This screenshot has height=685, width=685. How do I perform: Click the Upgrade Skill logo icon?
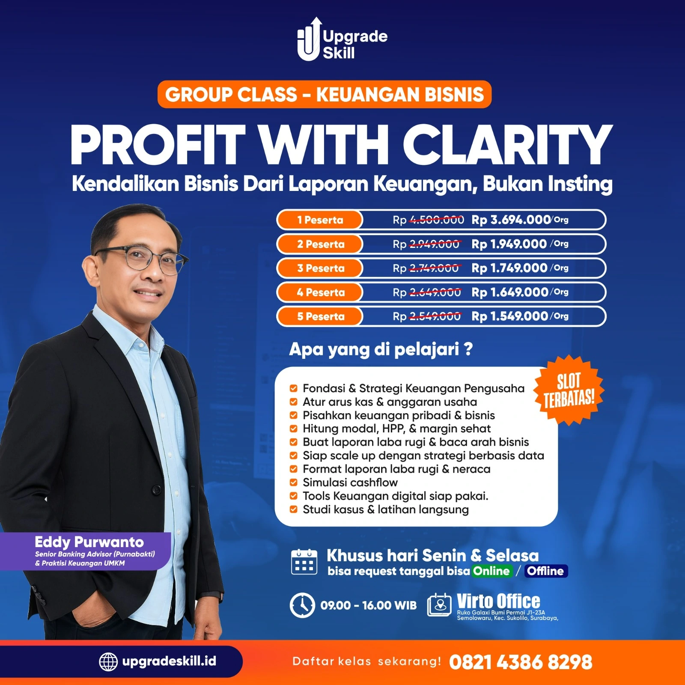coord(309,39)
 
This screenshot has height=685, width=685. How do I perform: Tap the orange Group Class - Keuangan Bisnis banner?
coord(325,94)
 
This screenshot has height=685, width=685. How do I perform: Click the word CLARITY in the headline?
coord(508,145)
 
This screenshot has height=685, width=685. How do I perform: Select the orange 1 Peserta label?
coord(320,220)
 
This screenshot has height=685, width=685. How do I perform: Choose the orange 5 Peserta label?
coord(320,316)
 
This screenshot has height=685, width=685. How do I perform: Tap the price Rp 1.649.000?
coord(509,292)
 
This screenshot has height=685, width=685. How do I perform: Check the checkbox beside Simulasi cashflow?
coord(293,482)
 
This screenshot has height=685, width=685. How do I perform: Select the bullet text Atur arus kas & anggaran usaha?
coord(390,402)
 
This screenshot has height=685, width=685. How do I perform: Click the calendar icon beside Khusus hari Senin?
coord(304,561)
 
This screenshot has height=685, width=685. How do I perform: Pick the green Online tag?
coord(491,571)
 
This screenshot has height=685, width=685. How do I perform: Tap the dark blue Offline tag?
coord(545,571)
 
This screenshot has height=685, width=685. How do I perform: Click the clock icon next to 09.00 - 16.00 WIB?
coord(302,605)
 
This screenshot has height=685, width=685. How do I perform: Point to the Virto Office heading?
coord(498,601)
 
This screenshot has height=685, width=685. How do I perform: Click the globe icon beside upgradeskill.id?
coord(108,662)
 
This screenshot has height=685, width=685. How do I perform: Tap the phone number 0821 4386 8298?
coord(521,662)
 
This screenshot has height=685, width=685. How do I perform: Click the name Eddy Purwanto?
coord(89,542)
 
